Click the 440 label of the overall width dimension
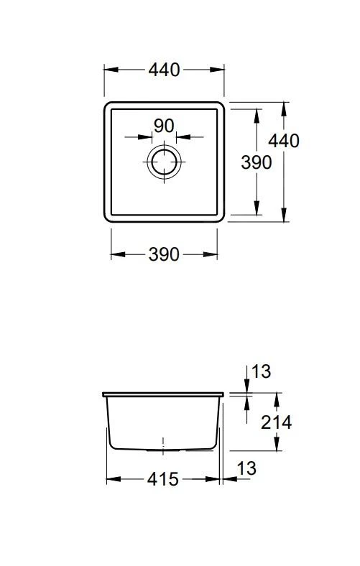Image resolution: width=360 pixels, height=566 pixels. pos(164,70)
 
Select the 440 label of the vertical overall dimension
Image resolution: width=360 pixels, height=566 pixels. pos(285,141)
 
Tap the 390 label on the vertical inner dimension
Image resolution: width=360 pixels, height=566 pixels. pos(256,162)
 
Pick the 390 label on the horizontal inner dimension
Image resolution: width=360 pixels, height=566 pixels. pos(164,254)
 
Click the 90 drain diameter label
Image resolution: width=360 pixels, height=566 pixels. pos(164,126)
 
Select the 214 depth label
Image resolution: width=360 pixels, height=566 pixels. pos(276,422)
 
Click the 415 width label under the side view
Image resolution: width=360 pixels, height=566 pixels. pos(163,479)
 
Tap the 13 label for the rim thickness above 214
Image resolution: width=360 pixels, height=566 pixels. pos(262,371)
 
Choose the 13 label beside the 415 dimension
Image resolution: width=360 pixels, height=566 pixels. pos(246,468)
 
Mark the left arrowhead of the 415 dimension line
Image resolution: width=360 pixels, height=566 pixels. pos(111,479)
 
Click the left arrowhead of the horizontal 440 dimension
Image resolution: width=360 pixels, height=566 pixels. pos(109,70)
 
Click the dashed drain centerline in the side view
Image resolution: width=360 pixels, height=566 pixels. pos(164,444)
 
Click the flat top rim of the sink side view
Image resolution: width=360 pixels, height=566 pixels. pos(164,394)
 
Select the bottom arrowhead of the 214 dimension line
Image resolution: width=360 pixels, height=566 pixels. pos(276,447)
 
